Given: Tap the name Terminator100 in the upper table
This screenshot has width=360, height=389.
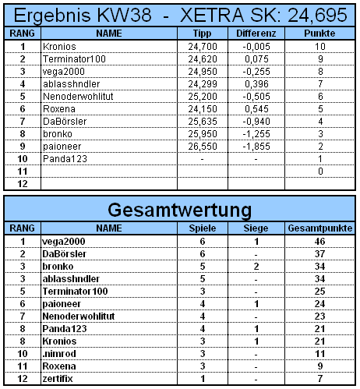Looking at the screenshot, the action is [75, 58].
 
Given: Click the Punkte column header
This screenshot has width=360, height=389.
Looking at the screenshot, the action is [320, 34].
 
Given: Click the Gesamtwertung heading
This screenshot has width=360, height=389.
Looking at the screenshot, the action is [180, 210].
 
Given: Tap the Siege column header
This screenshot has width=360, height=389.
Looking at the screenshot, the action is [255, 230].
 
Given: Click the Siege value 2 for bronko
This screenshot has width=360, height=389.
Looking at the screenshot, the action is [255, 267].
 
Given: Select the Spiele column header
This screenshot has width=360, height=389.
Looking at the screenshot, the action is [202, 230].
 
